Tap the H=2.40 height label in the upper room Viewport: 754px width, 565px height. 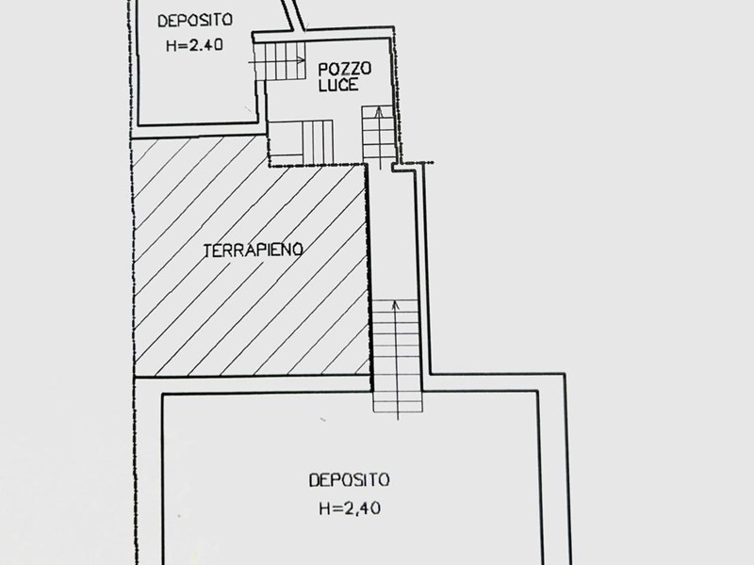click(194, 45)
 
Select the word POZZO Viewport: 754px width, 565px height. click(345, 69)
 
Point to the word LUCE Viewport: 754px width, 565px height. click(338, 85)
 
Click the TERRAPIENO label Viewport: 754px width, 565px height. click(253, 250)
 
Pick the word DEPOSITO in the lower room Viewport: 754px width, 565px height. click(349, 480)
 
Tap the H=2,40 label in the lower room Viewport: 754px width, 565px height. click(350, 508)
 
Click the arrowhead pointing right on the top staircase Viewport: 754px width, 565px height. click(301, 60)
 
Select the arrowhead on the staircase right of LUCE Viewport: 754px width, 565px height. click(379, 112)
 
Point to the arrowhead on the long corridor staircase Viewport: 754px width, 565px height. click(395, 305)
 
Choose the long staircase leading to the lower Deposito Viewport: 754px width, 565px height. click(397, 356)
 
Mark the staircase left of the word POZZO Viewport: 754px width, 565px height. click(280, 61)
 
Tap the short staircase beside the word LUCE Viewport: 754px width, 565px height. click(378, 134)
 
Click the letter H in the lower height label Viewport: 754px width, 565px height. click(324, 508)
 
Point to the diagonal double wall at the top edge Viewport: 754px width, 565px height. click(292, 14)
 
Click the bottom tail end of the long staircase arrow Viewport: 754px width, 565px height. click(398, 420)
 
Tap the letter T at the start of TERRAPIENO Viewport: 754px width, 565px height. click(207, 251)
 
